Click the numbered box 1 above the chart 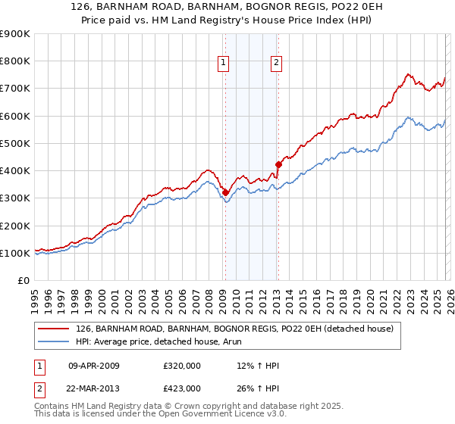224,64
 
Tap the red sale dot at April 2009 225,192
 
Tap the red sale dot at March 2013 278,164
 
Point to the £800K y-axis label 15,61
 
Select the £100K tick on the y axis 15,253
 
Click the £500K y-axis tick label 15,143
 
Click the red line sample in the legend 54,329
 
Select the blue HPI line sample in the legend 54,341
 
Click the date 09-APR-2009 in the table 93,366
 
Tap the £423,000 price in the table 181,388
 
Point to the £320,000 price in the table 181,366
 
